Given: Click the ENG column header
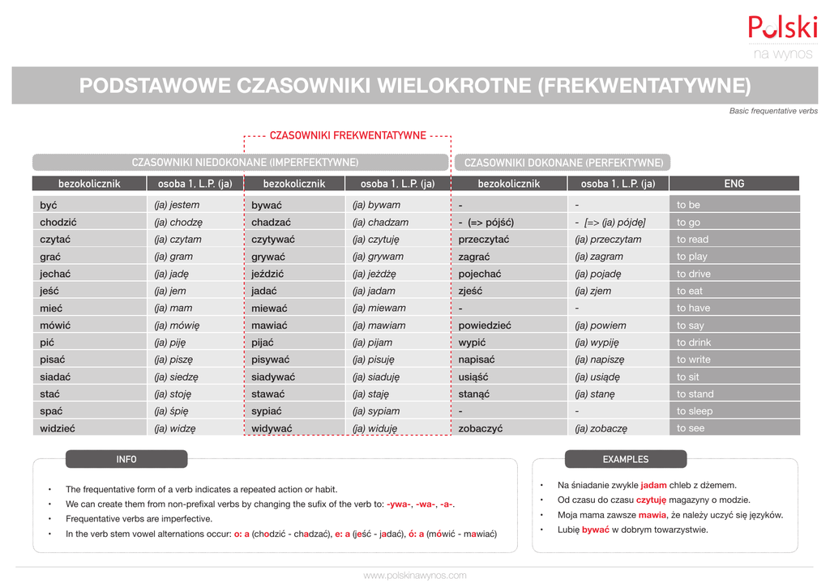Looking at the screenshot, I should click(734, 184).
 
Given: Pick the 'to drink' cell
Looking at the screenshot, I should click(694, 342).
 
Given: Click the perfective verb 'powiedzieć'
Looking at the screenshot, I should click(485, 325).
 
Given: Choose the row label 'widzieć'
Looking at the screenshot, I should click(58, 428).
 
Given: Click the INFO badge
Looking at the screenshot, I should click(126, 459).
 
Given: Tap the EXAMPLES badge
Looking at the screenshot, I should click(625, 459).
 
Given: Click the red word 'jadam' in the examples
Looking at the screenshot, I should click(653, 485).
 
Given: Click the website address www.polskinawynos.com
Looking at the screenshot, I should click(415, 576).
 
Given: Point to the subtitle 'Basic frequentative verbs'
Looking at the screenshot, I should click(773, 111).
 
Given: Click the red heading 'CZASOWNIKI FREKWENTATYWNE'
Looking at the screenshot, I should click(348, 135).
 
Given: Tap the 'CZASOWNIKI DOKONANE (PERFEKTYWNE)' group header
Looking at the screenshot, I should click(563, 163).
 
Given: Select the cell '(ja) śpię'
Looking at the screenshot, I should click(173, 411).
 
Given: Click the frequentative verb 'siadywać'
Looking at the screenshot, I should click(273, 376).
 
